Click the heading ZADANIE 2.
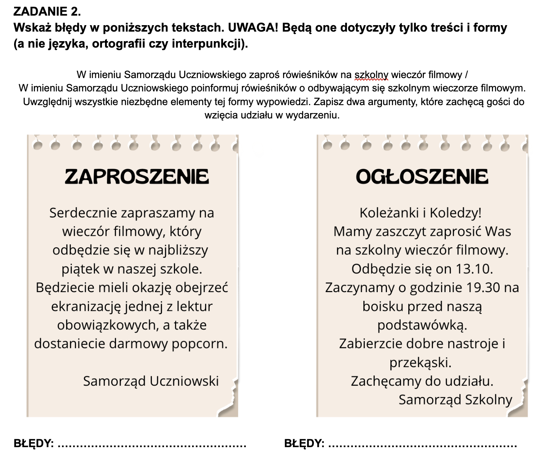click(x=47, y=11)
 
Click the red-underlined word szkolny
click(x=371, y=75)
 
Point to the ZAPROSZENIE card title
click(x=137, y=176)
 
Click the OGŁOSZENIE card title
click(x=422, y=176)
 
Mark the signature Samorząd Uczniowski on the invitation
click(x=151, y=381)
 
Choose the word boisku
click(x=382, y=306)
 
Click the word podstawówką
click(x=422, y=325)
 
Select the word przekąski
click(x=420, y=362)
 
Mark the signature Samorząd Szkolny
click(x=455, y=400)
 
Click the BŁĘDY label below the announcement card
click(x=304, y=443)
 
